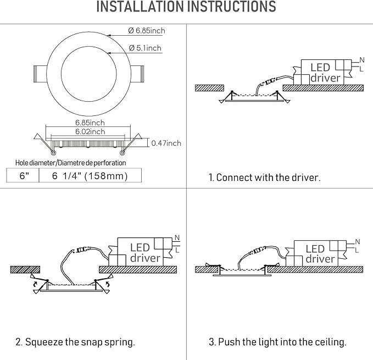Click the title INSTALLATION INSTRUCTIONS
click(x=186, y=8)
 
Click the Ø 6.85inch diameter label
click(x=147, y=31)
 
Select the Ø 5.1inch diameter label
click(x=145, y=48)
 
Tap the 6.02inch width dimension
click(x=90, y=131)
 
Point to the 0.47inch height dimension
click(x=166, y=143)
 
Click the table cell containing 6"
click(x=23, y=176)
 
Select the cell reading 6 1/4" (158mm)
click(x=90, y=176)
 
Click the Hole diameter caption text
click(x=70, y=163)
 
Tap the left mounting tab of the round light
click(x=41, y=71)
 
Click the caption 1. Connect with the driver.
click(x=264, y=178)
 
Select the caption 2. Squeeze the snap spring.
click(x=75, y=342)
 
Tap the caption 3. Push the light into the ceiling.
click(x=277, y=342)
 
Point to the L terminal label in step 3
click(x=357, y=251)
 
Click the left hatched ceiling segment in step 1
click(x=209, y=87)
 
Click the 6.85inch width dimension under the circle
click(x=90, y=123)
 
